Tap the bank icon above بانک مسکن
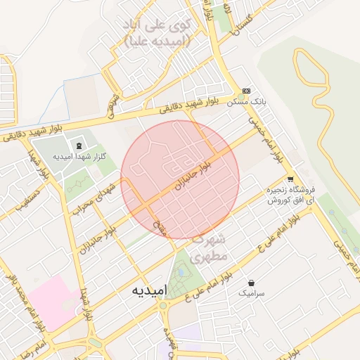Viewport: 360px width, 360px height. pos(246,91)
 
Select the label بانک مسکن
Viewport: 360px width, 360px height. pos(247,103)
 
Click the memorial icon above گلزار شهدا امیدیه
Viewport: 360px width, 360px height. pos(78,143)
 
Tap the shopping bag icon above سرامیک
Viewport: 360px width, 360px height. pos(251,283)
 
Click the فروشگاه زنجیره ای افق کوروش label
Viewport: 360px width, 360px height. pos(292,195)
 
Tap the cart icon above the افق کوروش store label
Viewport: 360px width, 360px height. pos(290,179)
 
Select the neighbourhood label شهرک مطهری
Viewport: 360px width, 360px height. pos(209,249)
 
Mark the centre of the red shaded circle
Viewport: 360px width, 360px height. pos(180,179)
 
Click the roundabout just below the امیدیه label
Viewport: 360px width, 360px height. pos(162,306)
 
